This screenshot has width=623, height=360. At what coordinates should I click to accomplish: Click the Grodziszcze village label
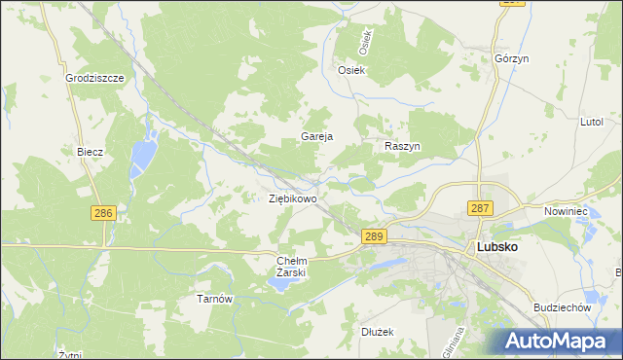click(x=93, y=77)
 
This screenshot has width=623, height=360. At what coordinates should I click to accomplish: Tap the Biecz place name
click(x=91, y=153)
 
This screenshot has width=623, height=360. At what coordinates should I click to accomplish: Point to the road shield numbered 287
click(x=480, y=208)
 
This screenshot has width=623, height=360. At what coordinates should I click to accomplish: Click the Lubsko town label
click(x=496, y=247)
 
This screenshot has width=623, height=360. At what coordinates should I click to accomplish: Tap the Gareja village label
click(x=317, y=136)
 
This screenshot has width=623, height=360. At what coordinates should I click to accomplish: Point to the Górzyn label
click(x=511, y=58)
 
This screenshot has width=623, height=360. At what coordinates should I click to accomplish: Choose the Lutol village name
click(x=592, y=122)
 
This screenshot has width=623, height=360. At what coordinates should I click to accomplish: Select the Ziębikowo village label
click(x=292, y=198)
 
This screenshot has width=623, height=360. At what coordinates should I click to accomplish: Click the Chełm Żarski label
click(x=292, y=267)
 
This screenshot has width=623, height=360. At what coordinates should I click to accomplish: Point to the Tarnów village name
click(x=215, y=299)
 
